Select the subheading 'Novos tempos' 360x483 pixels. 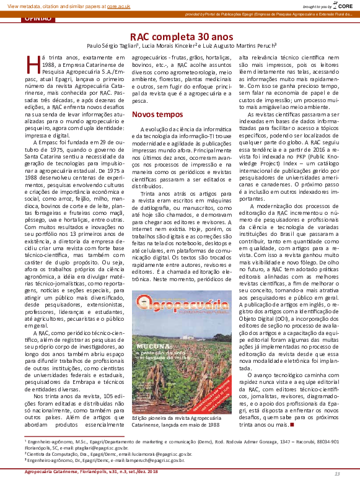pos(153,115)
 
